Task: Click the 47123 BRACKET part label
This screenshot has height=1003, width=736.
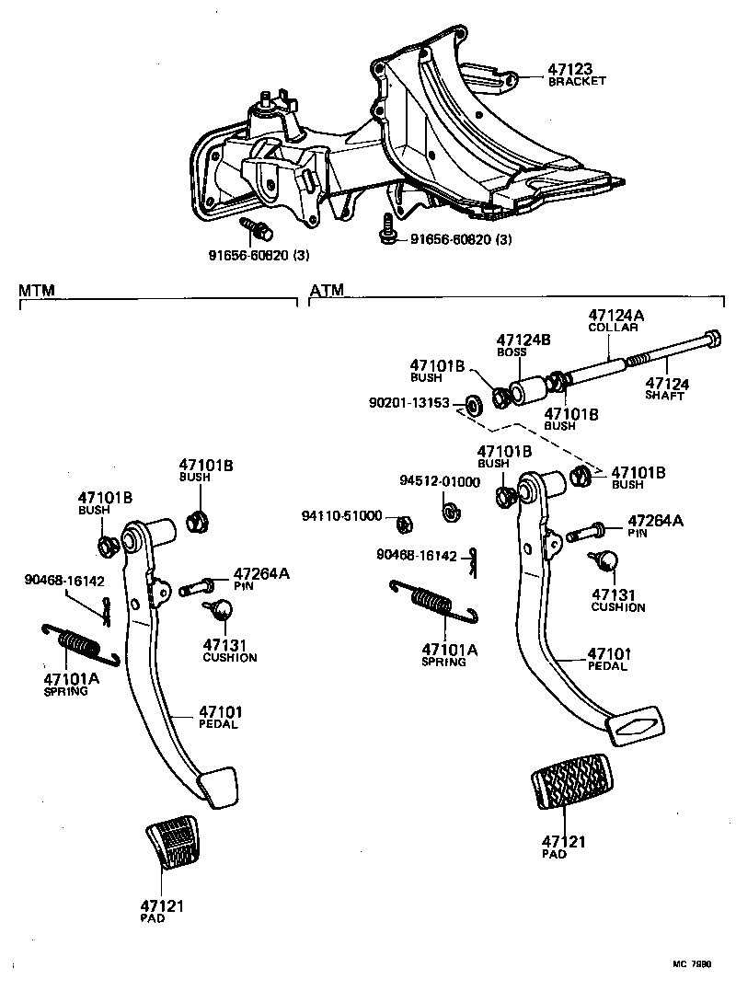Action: coord(577,73)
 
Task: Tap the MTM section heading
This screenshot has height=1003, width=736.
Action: coord(37,291)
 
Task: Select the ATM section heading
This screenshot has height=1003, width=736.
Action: coord(327,291)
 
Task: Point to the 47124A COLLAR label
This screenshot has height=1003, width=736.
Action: coord(615,321)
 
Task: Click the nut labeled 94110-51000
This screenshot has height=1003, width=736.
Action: coord(402,525)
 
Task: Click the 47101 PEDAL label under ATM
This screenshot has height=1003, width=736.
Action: coord(608,660)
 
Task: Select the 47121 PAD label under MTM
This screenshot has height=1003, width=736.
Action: coord(162,911)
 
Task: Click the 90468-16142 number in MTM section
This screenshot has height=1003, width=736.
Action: coord(64,580)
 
